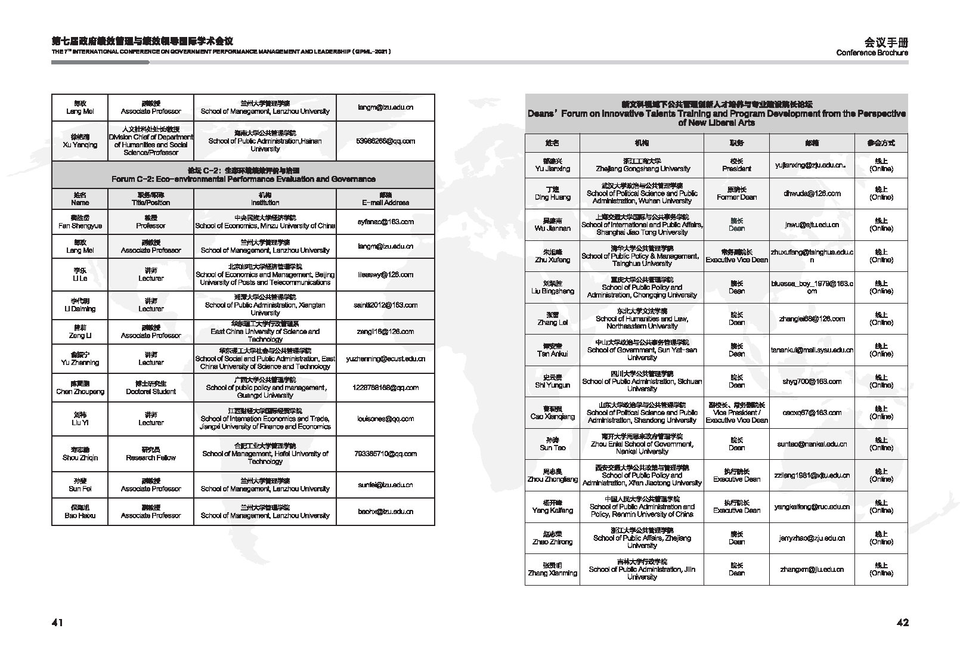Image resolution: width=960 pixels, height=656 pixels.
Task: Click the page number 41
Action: click(x=57, y=623)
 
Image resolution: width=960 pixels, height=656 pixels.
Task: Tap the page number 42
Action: click(x=902, y=623)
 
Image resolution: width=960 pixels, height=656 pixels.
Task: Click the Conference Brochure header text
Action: click(x=872, y=52)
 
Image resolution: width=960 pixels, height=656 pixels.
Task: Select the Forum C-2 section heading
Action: click(x=243, y=175)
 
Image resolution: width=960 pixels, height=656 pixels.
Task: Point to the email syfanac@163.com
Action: click(x=385, y=222)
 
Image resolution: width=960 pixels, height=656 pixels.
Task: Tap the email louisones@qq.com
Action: click(x=385, y=419)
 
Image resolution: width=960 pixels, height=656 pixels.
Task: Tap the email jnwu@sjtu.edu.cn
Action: click(x=812, y=225)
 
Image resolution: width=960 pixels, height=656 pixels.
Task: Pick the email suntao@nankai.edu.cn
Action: click(x=812, y=444)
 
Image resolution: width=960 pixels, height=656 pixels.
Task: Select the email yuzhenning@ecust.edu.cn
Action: click(x=385, y=359)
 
